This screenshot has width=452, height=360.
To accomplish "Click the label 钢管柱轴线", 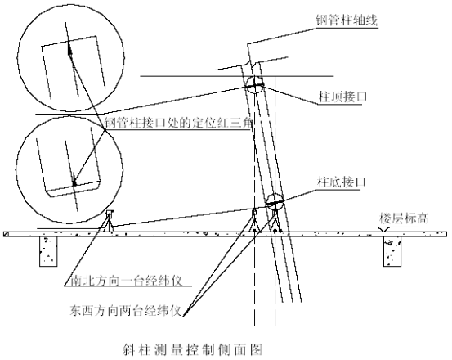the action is [347, 20].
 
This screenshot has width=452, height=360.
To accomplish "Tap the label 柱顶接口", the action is [342, 97].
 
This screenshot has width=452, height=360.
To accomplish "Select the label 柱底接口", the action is [342, 182].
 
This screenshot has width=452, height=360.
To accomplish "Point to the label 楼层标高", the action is [404, 218].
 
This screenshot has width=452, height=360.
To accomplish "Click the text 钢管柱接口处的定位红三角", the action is [178, 124].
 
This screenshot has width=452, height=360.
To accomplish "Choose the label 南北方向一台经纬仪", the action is [127, 280].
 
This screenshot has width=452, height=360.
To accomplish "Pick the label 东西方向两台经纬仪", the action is [126, 310].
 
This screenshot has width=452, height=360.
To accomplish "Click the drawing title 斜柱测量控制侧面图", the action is [193, 350].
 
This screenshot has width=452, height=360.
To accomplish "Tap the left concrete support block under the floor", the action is [48, 251].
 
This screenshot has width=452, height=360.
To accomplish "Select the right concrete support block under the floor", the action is [392, 251].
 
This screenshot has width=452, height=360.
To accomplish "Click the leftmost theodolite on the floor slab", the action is [110, 221].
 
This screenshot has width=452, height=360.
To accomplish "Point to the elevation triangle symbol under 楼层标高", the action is [384, 229].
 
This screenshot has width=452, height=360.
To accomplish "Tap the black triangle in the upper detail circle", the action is [69, 49].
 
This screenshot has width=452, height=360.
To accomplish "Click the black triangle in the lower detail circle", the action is [74, 180].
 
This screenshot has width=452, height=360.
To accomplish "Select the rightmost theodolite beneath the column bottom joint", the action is [275, 221].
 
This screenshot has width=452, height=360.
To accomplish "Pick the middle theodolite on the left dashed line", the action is [254, 220].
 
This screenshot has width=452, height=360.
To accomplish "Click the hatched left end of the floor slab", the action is [6, 234].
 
